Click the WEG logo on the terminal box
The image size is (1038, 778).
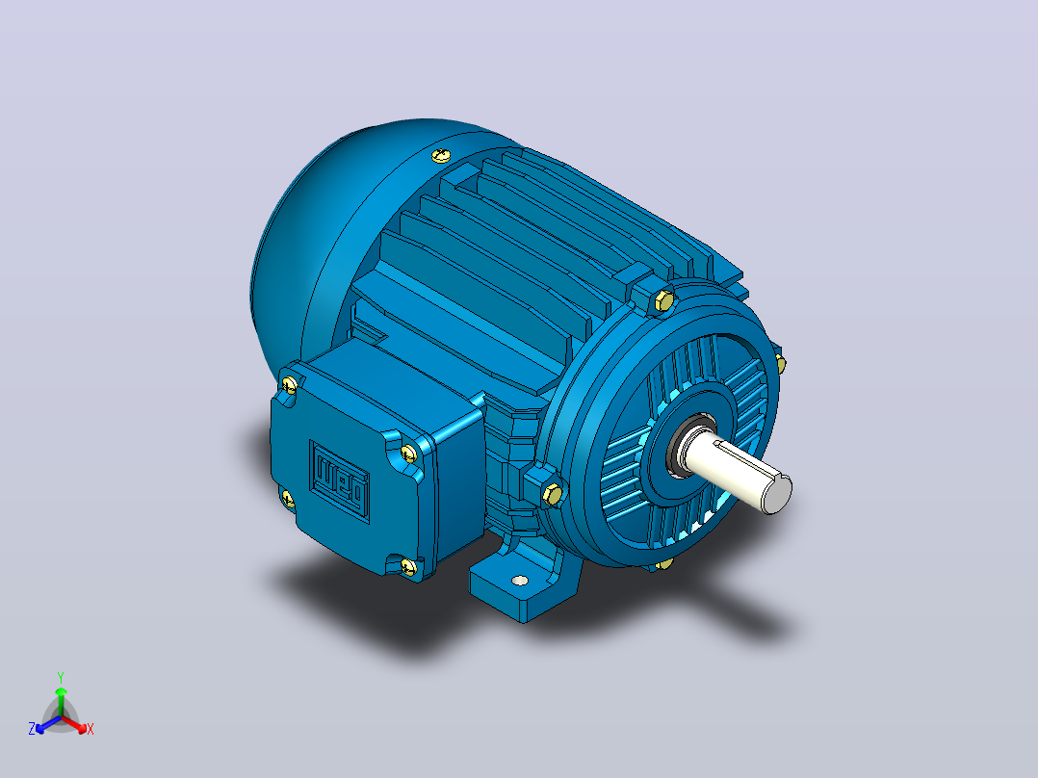(340, 480)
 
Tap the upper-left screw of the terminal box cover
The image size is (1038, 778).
(289, 384)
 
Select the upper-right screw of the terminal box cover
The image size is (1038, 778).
(408, 454)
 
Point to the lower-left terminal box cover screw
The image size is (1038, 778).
(287, 498)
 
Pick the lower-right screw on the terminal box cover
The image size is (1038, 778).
(408, 565)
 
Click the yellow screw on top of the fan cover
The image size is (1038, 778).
(442, 156)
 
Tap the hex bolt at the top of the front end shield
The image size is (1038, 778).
(664, 300)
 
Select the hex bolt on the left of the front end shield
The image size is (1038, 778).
(552, 494)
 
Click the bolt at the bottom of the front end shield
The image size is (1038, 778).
(664, 564)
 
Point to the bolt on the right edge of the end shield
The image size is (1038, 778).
(781, 364)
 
